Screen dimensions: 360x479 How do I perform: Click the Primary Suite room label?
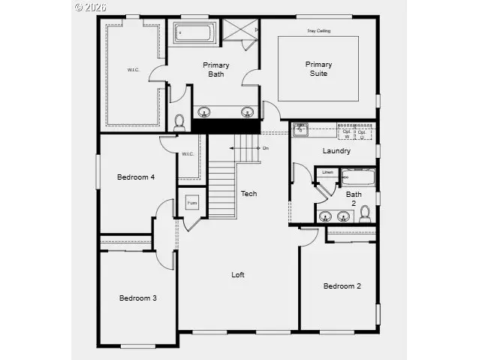tap(318, 68)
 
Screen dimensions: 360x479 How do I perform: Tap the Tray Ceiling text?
tap(318, 31)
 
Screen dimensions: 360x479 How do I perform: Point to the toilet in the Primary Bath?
tap(179, 123)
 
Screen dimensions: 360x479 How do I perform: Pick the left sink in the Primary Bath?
tap(203, 113)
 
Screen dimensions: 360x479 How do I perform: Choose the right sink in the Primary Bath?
tap(246, 113)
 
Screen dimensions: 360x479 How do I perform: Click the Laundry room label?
tap(336, 150)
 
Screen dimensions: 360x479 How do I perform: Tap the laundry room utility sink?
tap(300, 130)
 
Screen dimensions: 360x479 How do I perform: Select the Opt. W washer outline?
tap(346, 133)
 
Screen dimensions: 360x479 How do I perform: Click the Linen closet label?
tap(327, 173)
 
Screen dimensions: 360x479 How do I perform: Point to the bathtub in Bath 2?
tap(358, 177)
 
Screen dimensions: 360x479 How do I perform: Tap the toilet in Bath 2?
tap(365, 214)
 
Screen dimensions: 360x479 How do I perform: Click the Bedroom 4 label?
tap(136, 177)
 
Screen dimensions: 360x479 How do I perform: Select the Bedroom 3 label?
tap(137, 298)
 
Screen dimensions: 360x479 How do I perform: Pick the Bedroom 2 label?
tap(342, 286)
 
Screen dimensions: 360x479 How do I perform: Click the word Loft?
tap(237, 274)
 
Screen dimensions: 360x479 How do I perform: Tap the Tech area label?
tap(249, 194)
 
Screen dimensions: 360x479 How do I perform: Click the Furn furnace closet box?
tap(191, 204)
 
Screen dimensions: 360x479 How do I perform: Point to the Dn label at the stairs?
tap(265, 148)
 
